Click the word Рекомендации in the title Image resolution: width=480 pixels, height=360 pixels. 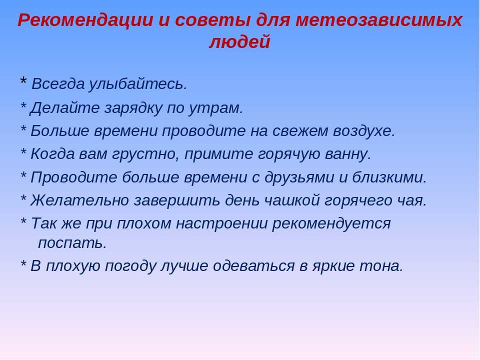[85, 20]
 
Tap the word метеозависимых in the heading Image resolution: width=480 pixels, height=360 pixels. [378, 20]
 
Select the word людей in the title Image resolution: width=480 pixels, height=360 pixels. [239, 41]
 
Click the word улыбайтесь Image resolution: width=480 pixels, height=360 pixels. [138, 84]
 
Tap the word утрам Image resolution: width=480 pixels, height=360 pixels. [216, 108]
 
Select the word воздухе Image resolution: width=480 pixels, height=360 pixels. [364, 131]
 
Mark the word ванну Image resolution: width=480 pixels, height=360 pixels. [348, 154]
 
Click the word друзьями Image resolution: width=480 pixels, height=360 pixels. [299, 177]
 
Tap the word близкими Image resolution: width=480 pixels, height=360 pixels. [389, 177]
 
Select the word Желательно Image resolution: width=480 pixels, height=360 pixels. [79, 200]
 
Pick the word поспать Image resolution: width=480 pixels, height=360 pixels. [72, 243]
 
